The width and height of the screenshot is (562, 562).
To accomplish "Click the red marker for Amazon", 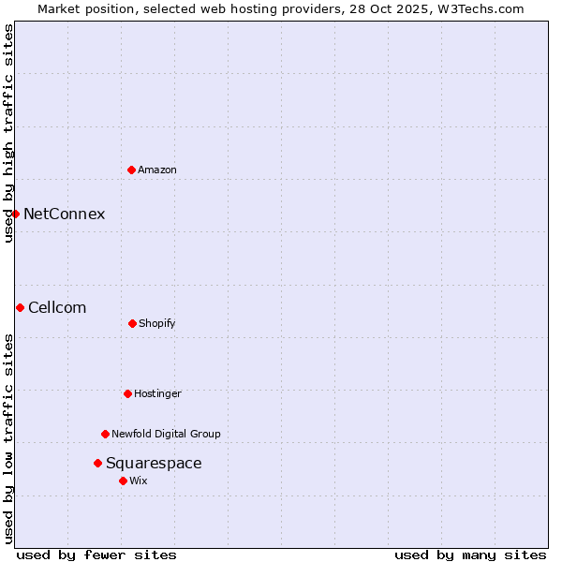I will click(x=131, y=170).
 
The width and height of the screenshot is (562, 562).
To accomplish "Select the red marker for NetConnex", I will click(x=15, y=214).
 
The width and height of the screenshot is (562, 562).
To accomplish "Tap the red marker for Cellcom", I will click(x=20, y=307).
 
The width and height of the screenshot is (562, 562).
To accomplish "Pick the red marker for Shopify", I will click(x=132, y=323).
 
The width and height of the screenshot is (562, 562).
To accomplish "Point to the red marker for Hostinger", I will click(x=127, y=393).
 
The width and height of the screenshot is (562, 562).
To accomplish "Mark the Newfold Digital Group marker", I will click(x=105, y=434).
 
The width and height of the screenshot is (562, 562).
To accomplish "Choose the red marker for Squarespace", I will click(x=97, y=463).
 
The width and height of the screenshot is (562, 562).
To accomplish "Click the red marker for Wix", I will click(x=123, y=481).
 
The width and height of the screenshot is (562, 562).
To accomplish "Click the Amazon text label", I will click(x=157, y=170).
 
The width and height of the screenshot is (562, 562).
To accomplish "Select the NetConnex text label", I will click(x=64, y=214).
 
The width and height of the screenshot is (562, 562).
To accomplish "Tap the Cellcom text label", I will click(x=57, y=307).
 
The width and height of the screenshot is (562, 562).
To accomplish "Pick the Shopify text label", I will click(x=157, y=323).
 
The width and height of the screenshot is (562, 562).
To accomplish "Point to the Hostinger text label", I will click(x=157, y=393).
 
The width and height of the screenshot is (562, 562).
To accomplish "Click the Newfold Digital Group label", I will click(x=166, y=434).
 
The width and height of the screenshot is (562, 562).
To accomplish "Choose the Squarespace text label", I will click(x=154, y=463).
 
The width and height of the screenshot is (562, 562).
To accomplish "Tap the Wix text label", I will click(x=139, y=481).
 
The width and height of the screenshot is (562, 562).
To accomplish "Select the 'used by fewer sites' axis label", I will click(x=96, y=555).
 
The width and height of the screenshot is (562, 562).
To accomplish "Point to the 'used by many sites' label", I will click(x=470, y=555).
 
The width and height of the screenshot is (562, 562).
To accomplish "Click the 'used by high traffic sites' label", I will click(x=8, y=134).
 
